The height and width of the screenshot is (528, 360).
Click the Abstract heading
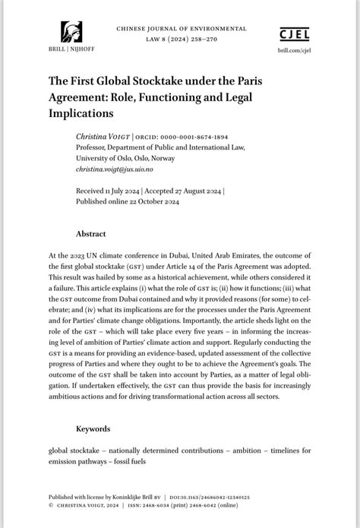90,233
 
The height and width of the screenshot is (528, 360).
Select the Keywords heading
93,428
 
